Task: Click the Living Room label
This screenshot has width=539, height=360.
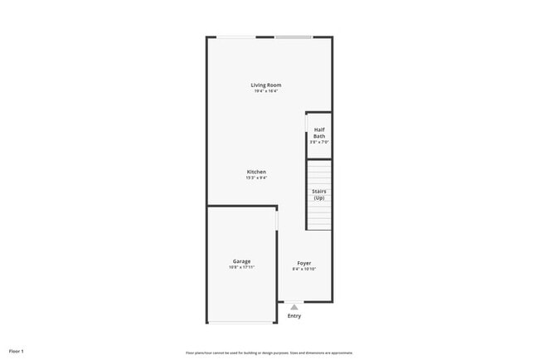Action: click(266, 85)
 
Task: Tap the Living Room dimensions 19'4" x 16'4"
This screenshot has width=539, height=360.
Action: click(266, 90)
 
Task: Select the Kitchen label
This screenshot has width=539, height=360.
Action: click(256, 172)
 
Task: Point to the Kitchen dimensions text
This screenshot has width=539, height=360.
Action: click(256, 178)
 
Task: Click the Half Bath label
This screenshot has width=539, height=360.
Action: click(319, 133)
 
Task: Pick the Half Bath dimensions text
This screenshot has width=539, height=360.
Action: click(319, 142)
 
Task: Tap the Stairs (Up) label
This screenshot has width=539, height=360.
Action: click(319, 195)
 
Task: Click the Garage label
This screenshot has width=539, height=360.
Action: click(241, 261)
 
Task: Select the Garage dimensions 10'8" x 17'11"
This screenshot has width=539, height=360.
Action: click(241, 267)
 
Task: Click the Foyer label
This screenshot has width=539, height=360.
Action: click(304, 263)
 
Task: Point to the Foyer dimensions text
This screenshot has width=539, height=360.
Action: click(304, 269)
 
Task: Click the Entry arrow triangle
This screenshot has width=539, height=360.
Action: click(294, 307)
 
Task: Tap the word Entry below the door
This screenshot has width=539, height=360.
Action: click(294, 316)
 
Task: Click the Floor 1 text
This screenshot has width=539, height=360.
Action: click(17, 352)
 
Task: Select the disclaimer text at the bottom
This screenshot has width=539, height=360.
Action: click(269, 352)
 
